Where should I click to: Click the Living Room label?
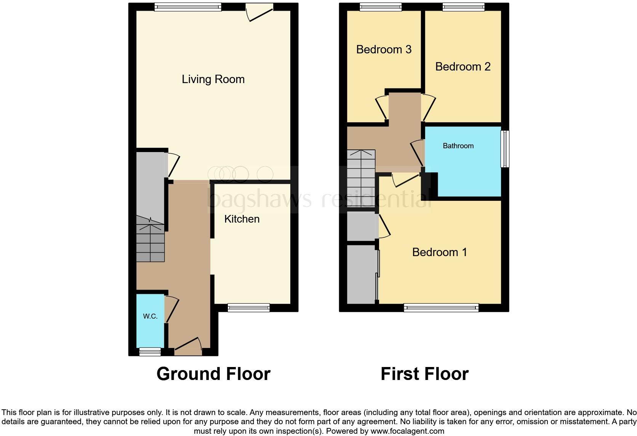point(213,79)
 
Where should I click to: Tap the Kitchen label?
point(242,219)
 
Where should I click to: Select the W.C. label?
point(150,316)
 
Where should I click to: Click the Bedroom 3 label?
point(384,50)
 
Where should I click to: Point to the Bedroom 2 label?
point(463,67)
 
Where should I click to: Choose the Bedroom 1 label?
point(439,252)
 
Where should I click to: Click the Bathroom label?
point(458,146)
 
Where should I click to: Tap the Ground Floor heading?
point(213,374)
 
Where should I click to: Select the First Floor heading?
point(424,374)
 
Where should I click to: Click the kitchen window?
point(248,308)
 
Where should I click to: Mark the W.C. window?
point(150,352)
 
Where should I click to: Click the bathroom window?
point(505,149)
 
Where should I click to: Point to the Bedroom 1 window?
point(441,308)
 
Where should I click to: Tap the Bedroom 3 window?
point(380,6)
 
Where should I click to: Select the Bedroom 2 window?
point(463,6)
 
